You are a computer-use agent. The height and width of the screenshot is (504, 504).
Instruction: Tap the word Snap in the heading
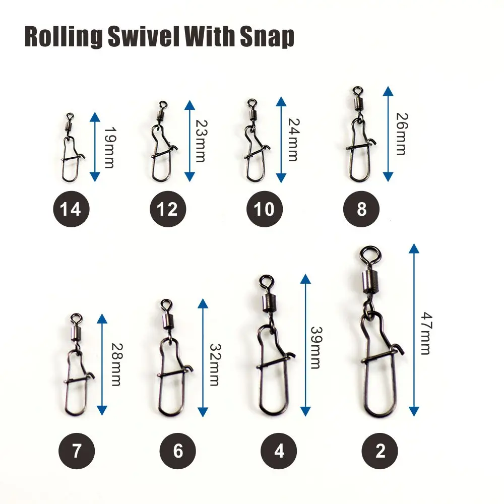[267, 37]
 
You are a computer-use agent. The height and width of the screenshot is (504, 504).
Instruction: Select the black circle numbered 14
[71, 209]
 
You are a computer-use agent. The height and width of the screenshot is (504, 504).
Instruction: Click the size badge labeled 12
[168, 209]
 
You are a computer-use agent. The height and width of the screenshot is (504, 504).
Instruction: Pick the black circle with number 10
[265, 209]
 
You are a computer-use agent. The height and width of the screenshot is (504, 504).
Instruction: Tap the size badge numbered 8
[361, 209]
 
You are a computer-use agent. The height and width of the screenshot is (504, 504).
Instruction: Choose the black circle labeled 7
[77, 451]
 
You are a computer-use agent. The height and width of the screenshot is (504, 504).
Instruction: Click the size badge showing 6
[178, 451]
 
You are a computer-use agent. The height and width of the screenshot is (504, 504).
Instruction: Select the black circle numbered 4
[279, 451]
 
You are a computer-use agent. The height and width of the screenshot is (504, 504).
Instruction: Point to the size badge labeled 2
[380, 451]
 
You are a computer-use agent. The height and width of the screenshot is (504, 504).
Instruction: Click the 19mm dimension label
[109, 148]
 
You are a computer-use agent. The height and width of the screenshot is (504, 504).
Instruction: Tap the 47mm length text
[426, 333]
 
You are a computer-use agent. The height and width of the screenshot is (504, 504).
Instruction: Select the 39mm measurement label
[316, 347]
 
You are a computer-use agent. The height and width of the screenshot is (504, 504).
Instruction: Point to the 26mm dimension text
[402, 134]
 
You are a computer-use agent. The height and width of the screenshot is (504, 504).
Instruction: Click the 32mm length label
[215, 365]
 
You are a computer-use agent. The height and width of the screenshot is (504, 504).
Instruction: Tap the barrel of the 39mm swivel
[270, 303]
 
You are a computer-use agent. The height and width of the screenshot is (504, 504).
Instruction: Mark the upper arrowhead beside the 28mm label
[102, 318]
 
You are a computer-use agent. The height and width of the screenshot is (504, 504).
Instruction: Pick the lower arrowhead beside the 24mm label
[281, 178]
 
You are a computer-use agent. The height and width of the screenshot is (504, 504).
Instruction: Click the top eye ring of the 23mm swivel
[163, 105]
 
